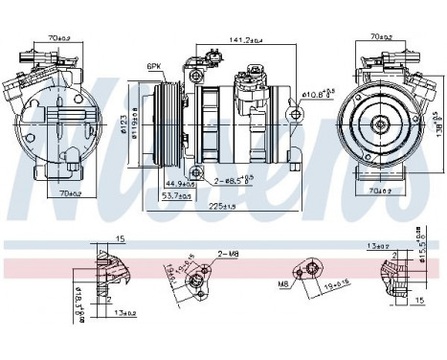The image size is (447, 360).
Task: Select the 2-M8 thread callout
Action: [x=226, y=254]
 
